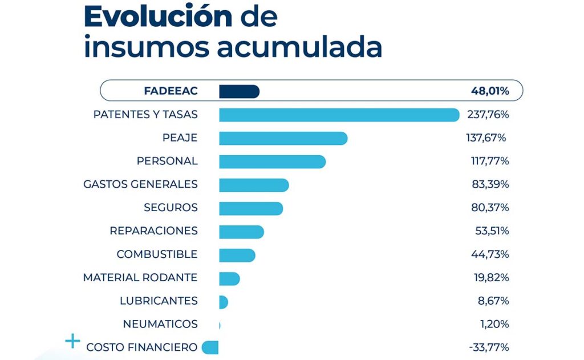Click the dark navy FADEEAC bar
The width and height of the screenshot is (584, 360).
pyautogui.click(x=239, y=91)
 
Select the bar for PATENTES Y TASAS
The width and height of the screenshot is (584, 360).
pyautogui.click(x=339, y=115)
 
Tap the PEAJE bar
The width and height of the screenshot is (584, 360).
pyautogui.click(x=283, y=138)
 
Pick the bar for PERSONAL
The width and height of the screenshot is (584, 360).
pyautogui.click(x=272, y=161)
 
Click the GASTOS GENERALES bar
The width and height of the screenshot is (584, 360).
pyautogui.click(x=254, y=185)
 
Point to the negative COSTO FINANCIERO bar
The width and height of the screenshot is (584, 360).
pyautogui.click(x=210, y=347)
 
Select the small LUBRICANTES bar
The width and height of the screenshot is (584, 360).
pyautogui.click(x=223, y=302)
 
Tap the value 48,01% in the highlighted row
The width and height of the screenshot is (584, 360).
pyautogui.click(x=489, y=91)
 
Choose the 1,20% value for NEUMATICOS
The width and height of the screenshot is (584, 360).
pyautogui.click(x=494, y=324)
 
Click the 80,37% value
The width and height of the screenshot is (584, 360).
pyautogui.click(x=489, y=208)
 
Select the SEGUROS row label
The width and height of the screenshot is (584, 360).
pyautogui.click(x=171, y=208)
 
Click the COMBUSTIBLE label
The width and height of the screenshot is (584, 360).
pyautogui.click(x=157, y=254)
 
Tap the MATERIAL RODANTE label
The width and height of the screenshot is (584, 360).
pyautogui.click(x=140, y=278)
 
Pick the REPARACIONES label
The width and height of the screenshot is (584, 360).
pyautogui.click(x=153, y=231)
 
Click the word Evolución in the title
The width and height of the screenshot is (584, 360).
pyautogui.click(x=158, y=17)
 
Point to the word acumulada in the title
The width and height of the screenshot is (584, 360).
pyautogui.click(x=299, y=48)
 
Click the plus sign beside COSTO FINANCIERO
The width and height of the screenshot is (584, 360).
pyautogui.click(x=72, y=342)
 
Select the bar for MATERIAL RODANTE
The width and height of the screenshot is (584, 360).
pyautogui.click(x=229, y=278)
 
